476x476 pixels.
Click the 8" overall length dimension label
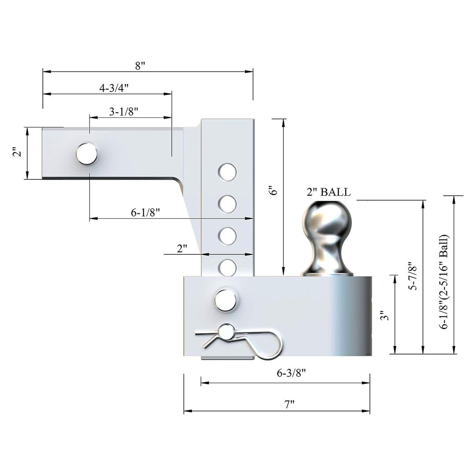pyautogui.click(x=140, y=66)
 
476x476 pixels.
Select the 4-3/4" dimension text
pyautogui.click(x=113, y=88)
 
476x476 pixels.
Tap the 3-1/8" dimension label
pyautogui.click(x=124, y=112)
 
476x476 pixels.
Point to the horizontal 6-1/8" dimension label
pyautogui.click(x=145, y=212)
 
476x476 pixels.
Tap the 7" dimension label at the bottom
pyautogui.click(x=289, y=404)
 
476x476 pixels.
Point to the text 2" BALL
pyautogui.click(x=328, y=192)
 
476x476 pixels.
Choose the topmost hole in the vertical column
pyautogui.click(x=227, y=171)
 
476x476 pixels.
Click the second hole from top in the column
pyautogui.click(x=227, y=203)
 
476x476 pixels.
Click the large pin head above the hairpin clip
pyautogui.click(x=225, y=299)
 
